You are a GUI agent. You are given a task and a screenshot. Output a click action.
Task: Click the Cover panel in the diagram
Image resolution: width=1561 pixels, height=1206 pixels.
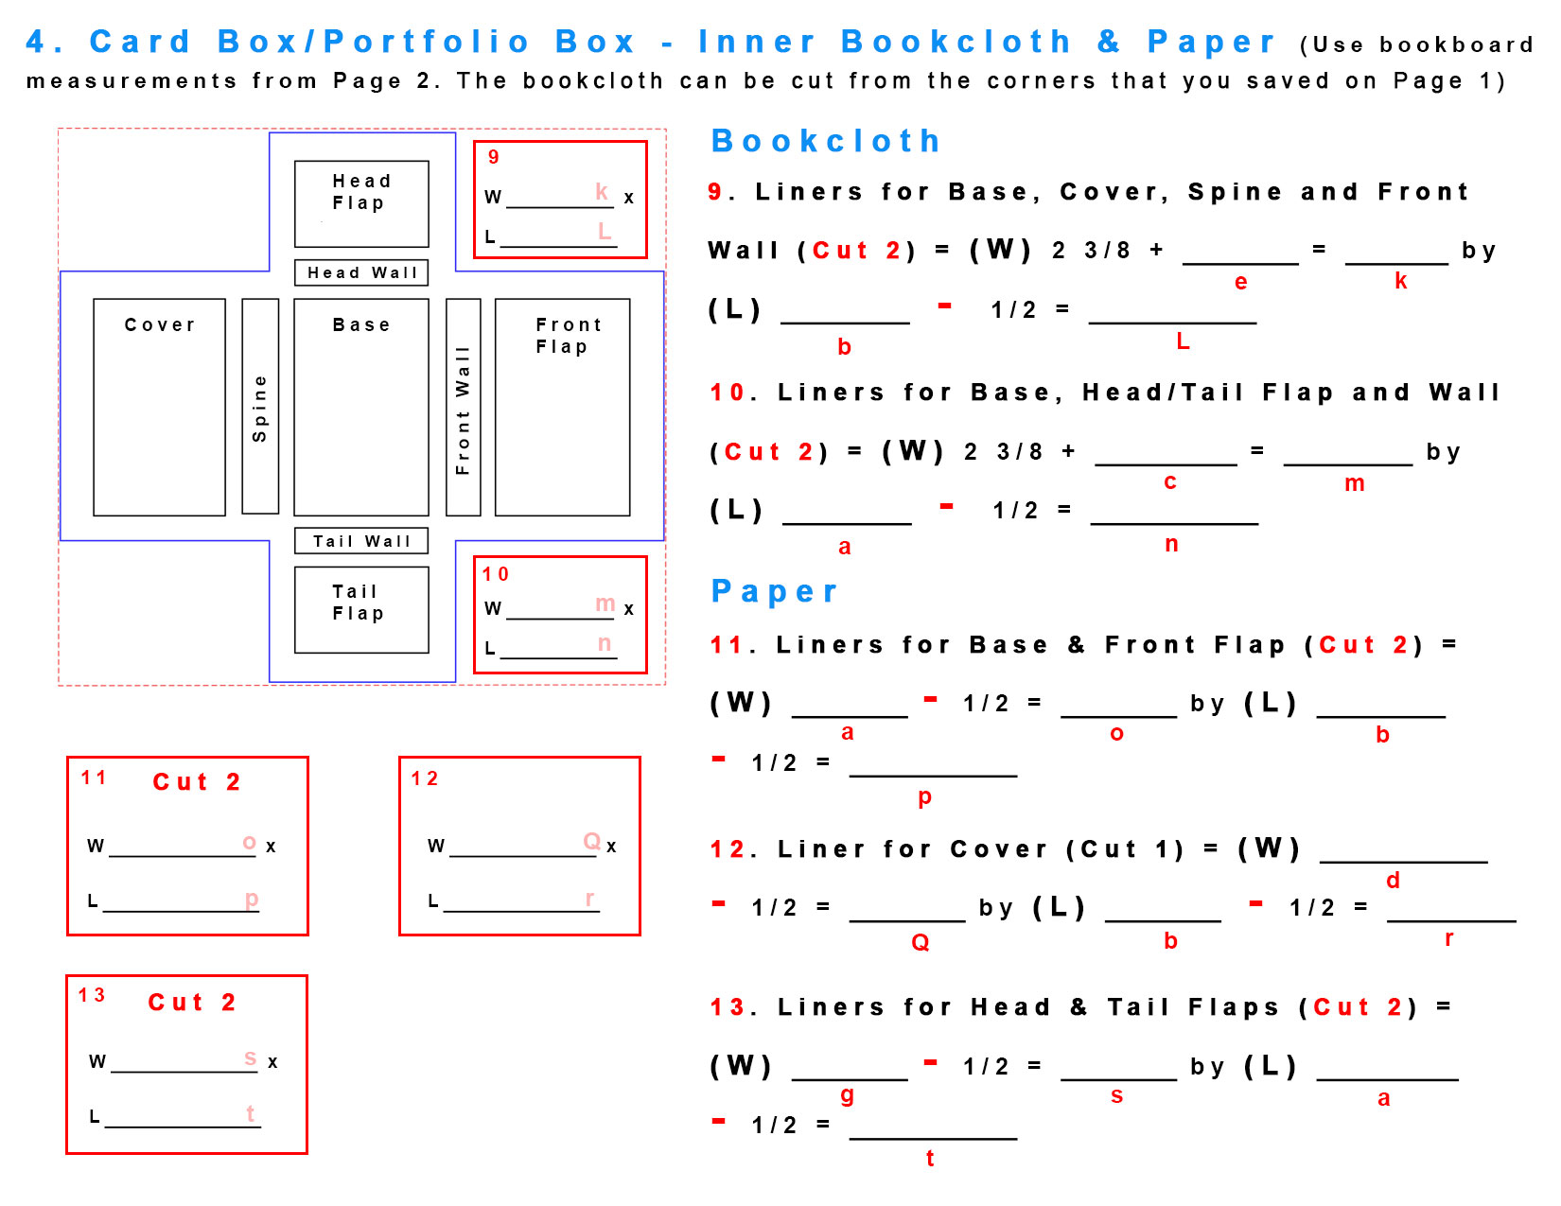point(159,407)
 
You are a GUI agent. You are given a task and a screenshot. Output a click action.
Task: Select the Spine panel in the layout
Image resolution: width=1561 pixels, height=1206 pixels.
point(260,407)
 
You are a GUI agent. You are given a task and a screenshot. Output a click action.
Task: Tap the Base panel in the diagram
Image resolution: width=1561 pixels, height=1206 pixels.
point(360,407)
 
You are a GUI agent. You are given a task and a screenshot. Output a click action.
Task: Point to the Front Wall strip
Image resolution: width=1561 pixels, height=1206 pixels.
point(463,407)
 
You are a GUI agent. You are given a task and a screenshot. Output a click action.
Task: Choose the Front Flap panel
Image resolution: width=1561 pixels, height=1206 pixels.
point(562,407)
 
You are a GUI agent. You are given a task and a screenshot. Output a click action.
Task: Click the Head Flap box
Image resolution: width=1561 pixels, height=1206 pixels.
point(360,203)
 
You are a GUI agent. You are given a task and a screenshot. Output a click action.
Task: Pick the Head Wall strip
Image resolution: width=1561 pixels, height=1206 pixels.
point(360,272)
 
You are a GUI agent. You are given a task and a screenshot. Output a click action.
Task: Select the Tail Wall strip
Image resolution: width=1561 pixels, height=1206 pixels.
point(360,541)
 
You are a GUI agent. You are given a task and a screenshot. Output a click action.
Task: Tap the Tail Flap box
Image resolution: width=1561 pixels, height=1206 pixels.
point(360,609)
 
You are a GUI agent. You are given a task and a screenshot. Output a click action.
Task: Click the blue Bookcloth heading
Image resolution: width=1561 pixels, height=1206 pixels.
point(825,141)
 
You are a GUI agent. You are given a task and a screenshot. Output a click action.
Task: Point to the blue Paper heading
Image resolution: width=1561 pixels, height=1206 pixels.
point(774,591)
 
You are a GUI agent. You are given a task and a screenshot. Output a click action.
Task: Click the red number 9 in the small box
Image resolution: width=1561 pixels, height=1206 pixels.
point(493,157)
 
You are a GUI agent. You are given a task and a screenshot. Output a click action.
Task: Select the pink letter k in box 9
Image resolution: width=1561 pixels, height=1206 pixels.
point(602,191)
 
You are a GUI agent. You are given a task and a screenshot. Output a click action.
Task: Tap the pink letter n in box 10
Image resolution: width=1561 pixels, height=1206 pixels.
point(605,643)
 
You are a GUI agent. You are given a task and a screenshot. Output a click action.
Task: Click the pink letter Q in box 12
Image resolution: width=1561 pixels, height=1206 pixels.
point(592,841)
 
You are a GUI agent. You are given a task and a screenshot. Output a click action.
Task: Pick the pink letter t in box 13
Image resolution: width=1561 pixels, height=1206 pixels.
point(251,1113)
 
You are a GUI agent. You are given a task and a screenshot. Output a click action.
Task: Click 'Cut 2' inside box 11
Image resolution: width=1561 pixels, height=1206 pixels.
point(197,782)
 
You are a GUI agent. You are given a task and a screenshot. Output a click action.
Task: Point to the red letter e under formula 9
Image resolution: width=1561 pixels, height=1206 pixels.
point(1240,282)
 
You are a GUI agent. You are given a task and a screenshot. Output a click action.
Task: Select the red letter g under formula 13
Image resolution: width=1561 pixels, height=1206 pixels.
point(847,1095)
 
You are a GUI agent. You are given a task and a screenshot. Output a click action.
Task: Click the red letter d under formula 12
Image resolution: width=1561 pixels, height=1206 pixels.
point(1393,881)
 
